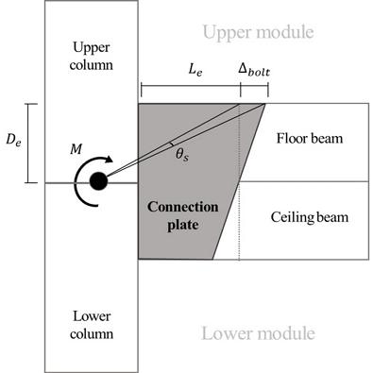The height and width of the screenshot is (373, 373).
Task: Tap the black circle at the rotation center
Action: click(x=97, y=181)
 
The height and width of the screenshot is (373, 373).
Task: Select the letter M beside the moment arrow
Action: click(x=76, y=150)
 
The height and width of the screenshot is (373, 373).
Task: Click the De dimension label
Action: click(x=11, y=142)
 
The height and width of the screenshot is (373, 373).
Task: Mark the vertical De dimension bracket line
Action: click(x=28, y=143)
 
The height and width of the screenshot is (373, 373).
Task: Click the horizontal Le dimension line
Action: click(x=190, y=89)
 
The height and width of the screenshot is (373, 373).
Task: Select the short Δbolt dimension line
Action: click(x=255, y=89)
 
